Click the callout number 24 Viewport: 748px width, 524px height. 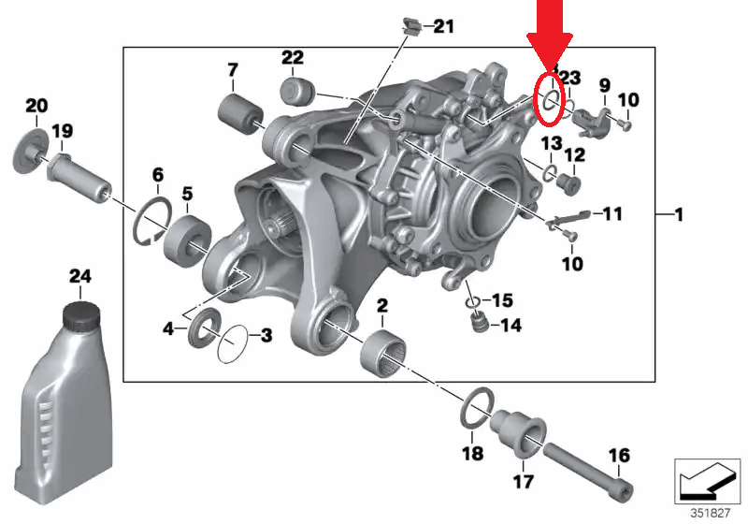(81, 276)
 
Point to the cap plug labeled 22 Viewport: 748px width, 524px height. (296, 92)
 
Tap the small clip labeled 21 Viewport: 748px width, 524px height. (408, 25)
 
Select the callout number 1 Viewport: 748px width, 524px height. (678, 215)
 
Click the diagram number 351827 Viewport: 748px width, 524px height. (711, 513)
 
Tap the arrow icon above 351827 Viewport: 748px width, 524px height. (711, 481)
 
